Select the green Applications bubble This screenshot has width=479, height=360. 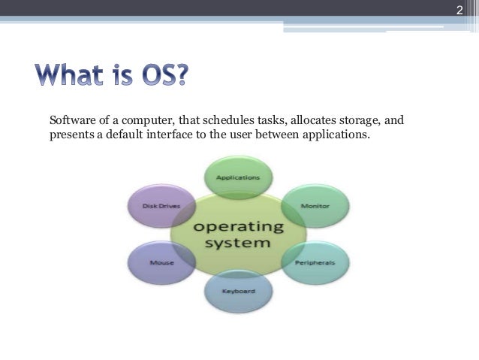tap(237, 178)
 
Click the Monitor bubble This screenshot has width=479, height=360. tap(314, 204)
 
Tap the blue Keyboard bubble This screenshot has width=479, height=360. tap(239, 292)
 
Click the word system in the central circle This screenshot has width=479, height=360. tap(238, 244)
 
